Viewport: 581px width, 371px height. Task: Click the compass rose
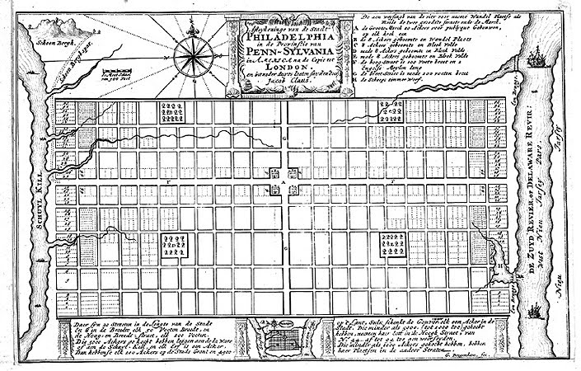coord(194,57)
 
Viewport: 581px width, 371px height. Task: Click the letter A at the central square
coord(282,181)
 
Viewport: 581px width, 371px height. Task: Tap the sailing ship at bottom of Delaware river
coord(534,311)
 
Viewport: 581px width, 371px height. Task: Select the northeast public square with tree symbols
coord(391,111)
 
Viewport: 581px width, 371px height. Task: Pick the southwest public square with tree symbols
coord(173,245)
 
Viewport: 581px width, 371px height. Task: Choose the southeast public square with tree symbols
coord(391,245)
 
